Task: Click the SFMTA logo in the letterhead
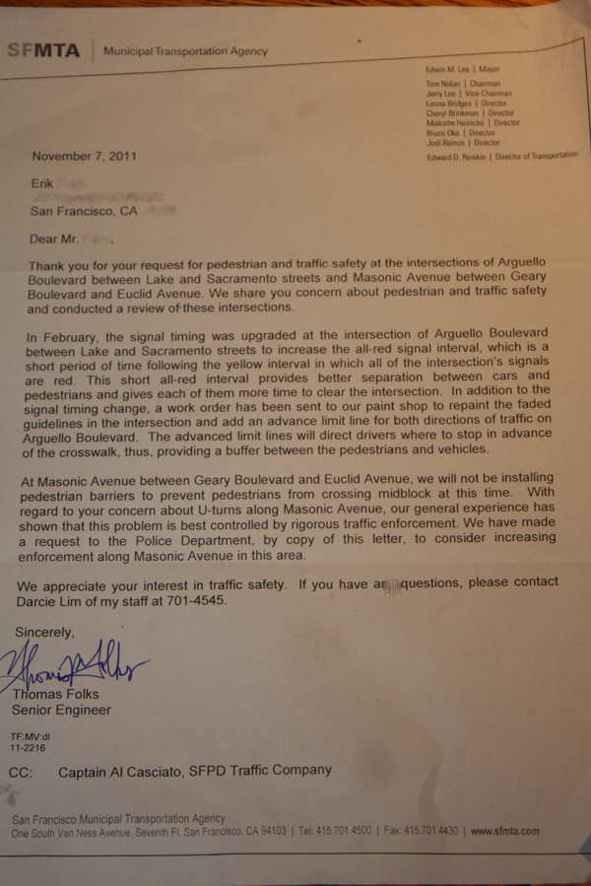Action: tap(44, 50)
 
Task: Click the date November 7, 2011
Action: tap(84, 156)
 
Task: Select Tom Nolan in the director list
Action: tap(444, 85)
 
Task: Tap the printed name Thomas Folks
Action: tap(55, 695)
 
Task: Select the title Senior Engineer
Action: tap(61, 710)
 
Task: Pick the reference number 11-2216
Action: tap(29, 748)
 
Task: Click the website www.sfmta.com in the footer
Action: tap(504, 831)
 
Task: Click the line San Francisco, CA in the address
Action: tap(85, 211)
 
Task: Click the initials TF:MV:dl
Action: tap(31, 737)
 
